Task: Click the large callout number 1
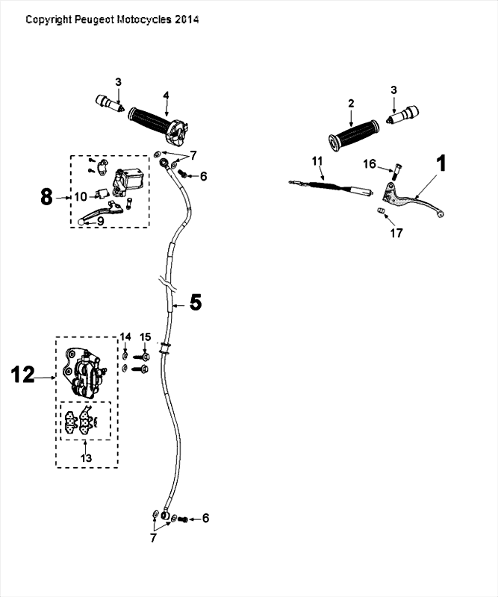coord(441,164)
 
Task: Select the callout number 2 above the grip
coord(350,104)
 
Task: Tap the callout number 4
coord(166,96)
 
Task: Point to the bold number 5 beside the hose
coord(195,302)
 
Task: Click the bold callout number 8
coord(46,197)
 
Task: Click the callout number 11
coord(317,160)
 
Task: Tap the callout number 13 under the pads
coord(87,457)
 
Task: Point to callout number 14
coord(125,337)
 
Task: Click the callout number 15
coord(146,337)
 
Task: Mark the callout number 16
coord(370,163)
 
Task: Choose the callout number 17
coord(396,233)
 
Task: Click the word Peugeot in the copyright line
coord(94,20)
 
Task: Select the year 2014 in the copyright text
coord(187,20)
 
